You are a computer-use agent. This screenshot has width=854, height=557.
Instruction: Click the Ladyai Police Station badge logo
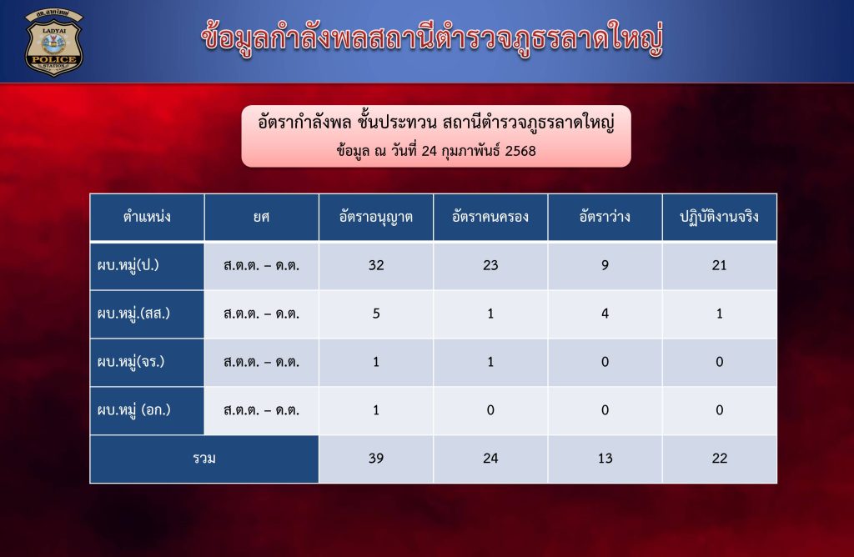pyautogui.click(x=53, y=43)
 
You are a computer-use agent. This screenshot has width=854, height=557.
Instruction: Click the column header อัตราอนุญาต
pyautogui.click(x=376, y=218)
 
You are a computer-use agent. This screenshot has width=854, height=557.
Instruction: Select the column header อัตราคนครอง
pyautogui.click(x=490, y=218)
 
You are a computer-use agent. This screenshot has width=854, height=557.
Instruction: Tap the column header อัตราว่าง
pyautogui.click(x=605, y=217)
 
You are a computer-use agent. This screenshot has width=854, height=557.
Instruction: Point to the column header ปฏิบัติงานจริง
pyautogui.click(x=719, y=218)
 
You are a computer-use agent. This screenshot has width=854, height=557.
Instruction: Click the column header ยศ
pyautogui.click(x=261, y=218)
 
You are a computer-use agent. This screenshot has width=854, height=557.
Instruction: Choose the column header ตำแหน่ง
pyautogui.click(x=147, y=217)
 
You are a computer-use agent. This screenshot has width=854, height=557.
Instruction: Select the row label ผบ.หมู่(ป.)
pyautogui.click(x=128, y=266)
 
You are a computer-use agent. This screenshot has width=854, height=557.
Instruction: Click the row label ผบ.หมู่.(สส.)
pyautogui.click(x=133, y=314)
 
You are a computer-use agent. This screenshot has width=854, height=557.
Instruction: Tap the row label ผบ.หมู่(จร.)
pyautogui.click(x=131, y=362)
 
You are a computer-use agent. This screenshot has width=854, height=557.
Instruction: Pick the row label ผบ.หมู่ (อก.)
pyautogui.click(x=134, y=410)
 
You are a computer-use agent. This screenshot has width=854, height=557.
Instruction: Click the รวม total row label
pyautogui.click(x=204, y=459)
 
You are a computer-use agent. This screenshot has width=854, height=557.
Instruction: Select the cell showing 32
pyautogui.click(x=376, y=266)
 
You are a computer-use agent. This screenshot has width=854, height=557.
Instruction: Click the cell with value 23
pyautogui.click(x=490, y=266)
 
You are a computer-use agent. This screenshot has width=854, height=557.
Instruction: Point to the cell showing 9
pyautogui.click(x=605, y=266)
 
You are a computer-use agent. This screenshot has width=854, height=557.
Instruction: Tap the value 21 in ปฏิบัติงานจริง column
pyautogui.click(x=719, y=266)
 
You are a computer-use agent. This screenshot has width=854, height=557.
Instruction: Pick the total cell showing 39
pyautogui.click(x=376, y=459)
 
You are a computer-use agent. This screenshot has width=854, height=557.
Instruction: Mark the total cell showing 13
pyautogui.click(x=605, y=459)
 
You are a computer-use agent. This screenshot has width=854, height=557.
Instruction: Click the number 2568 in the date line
pyautogui.click(x=520, y=151)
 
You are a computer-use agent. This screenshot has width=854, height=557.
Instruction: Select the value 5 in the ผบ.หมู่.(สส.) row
pyautogui.click(x=376, y=314)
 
